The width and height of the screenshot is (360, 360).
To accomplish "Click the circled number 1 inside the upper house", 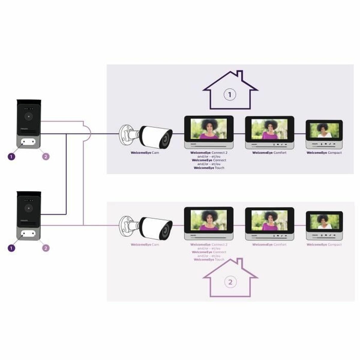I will pos(230,95).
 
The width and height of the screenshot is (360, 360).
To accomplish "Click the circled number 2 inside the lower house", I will pos(230,282).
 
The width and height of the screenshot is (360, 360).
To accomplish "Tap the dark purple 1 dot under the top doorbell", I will pos(11,156).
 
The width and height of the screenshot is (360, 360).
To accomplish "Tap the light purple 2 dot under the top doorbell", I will pos(46,156).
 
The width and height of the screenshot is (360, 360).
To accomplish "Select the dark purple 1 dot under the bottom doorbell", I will pos(11,248).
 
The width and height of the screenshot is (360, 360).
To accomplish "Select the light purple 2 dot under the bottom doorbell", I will pos(46,248).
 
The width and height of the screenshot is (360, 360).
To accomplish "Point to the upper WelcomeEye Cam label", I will pos(145,153).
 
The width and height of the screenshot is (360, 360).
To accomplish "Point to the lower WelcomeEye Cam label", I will pos(145,245).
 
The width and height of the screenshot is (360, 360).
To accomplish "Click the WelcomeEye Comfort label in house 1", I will pos(269,153).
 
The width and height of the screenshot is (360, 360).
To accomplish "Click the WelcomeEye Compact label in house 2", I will pos(324,245).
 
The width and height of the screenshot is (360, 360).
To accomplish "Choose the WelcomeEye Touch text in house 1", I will pos(209,168).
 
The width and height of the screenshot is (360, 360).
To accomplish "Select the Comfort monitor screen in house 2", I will pos(269,220).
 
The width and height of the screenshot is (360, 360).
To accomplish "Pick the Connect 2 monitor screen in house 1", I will pos(209,129).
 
